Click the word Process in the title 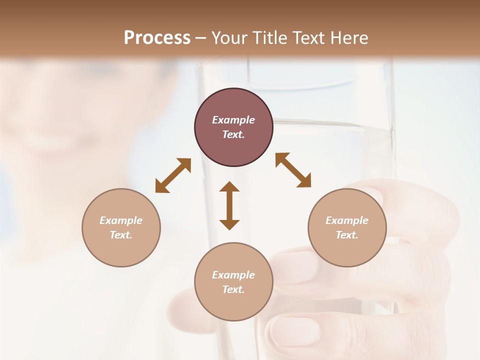157,38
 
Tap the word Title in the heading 271,38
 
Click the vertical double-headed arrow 229,205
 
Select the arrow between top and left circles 173,175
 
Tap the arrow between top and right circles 293,170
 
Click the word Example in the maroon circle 233,120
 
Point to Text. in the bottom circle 233,289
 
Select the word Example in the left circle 121,220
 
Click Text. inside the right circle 347,235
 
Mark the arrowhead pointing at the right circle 304,181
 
